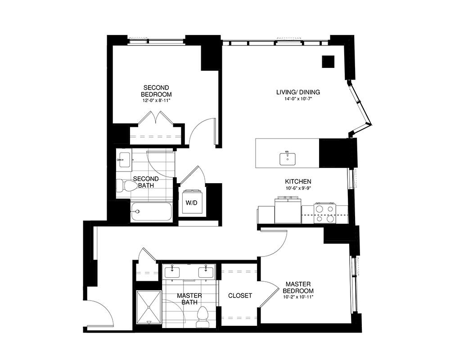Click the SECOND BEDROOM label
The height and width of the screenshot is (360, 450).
coord(156,90)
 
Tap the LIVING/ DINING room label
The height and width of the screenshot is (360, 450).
coord(298,92)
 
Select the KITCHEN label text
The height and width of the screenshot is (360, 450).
coord(298,181)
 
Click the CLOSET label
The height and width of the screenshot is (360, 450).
coord(240,296)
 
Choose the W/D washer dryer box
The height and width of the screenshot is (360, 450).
coord(192,202)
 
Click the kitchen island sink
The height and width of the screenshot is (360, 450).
coord(287,158)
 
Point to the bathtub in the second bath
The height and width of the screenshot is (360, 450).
coord(152,212)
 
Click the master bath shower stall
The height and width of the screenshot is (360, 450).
coord(148,307)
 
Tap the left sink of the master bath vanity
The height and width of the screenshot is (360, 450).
coord(173,272)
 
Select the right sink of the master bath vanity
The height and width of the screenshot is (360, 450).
coord(207,272)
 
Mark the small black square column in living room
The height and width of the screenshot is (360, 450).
coord(328,62)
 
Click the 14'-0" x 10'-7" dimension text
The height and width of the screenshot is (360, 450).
coord(298,99)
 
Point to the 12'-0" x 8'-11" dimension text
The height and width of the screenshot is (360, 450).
coord(156,101)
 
